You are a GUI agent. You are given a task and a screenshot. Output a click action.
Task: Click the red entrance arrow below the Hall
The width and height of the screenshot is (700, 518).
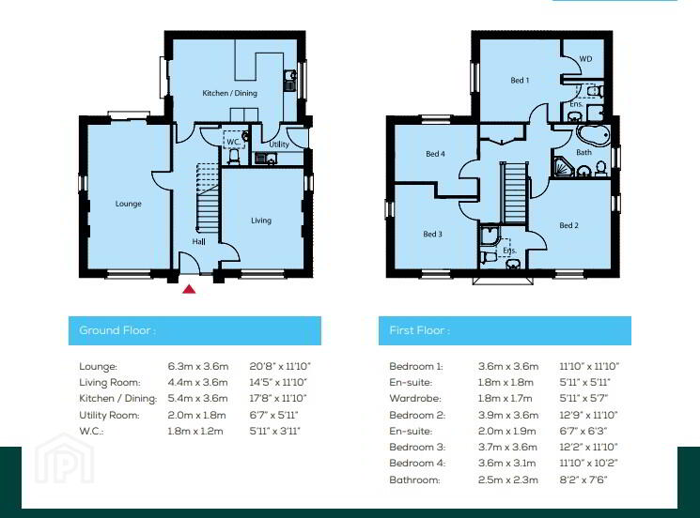[x=189, y=289]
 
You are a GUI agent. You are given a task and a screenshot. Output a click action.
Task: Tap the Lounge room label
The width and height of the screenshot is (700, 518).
[x=128, y=204]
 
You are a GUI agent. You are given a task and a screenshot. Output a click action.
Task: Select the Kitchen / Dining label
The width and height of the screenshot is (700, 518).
[x=229, y=93]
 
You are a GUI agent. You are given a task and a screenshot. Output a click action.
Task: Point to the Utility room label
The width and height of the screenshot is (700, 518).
[x=279, y=145]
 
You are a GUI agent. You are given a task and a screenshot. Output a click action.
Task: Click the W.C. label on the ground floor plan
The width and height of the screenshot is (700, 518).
[x=233, y=142]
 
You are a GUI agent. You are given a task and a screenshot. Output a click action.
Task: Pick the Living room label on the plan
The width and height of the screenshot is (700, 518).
[x=260, y=221]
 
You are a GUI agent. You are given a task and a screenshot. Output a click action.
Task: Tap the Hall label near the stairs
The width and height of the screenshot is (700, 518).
[x=198, y=241]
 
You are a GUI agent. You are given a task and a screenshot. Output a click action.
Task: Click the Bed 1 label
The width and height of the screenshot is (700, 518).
[x=520, y=81]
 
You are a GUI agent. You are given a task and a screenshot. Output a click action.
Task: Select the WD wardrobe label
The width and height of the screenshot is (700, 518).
[x=585, y=59]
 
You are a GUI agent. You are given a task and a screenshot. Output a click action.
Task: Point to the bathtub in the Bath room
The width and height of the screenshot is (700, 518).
[x=593, y=134]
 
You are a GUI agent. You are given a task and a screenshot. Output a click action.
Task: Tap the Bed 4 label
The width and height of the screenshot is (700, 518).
[x=435, y=154]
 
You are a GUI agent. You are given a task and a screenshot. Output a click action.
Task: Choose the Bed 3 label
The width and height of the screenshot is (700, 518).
[x=432, y=234]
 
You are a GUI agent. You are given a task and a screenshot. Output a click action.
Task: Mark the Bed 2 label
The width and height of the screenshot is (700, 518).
[x=568, y=225]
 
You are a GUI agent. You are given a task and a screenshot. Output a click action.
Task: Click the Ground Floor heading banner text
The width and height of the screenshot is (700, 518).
[x=117, y=330]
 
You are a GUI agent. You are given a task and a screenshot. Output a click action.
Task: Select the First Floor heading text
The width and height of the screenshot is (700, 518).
[x=419, y=330]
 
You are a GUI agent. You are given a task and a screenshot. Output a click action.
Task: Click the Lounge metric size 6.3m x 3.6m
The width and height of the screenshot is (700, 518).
[x=197, y=366]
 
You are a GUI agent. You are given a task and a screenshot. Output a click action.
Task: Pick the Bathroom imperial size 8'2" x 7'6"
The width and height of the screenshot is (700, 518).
[x=583, y=480]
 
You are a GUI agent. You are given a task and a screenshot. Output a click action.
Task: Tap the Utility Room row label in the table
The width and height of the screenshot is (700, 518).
[x=109, y=416]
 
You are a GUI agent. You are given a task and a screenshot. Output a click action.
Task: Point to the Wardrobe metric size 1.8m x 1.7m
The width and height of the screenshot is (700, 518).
[x=505, y=398]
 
